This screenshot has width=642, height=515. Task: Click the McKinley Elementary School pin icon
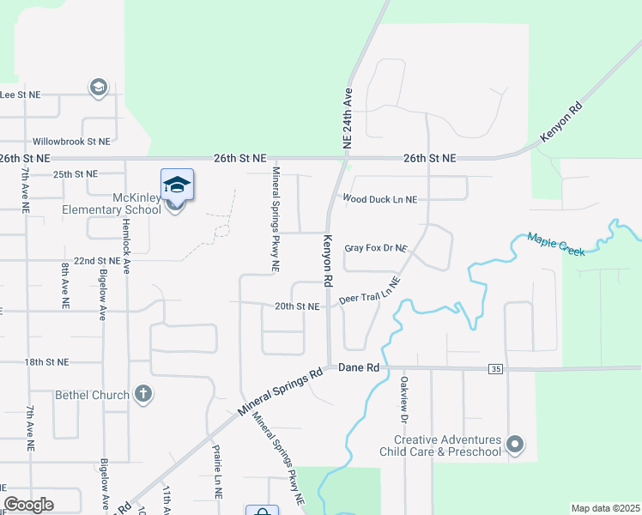pos(177,185)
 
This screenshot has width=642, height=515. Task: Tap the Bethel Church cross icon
pos(143,395)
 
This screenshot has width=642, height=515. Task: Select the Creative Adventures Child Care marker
pos(515,444)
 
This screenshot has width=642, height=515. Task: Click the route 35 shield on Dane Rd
pos(495,369)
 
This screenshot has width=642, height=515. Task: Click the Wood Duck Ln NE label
pos(379,199)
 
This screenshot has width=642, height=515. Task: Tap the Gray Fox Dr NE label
pos(375,248)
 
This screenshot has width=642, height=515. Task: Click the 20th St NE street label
pos(297,306)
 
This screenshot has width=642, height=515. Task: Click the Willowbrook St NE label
pos(71,141)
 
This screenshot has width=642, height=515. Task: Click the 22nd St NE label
pos(96,260)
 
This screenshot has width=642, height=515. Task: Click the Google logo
pos(28,505)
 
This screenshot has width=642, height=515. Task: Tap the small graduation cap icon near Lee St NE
pos(98,87)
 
